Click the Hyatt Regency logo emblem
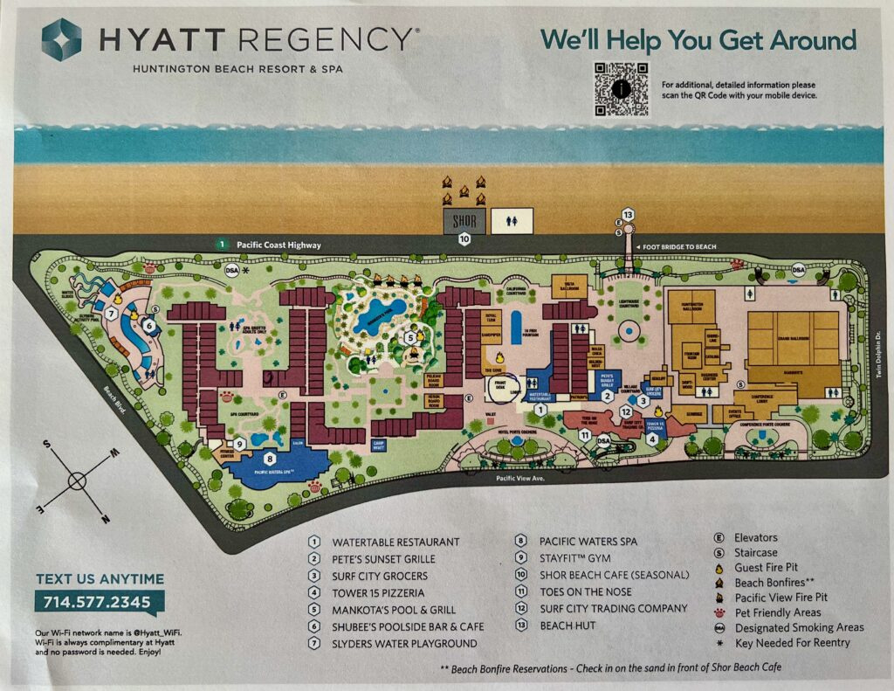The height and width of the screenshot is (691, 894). tap(61, 39)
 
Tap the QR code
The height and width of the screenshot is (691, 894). tap(622, 89)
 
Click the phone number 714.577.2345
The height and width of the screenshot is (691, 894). tap(99, 601)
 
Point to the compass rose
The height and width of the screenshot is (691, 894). tap(76, 480)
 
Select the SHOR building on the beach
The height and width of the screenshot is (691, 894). tap(464, 221)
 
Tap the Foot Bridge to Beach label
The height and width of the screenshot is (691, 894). tap(680, 247)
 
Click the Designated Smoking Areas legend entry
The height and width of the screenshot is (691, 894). tap(799, 627)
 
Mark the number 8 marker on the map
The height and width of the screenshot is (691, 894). tap(270, 458)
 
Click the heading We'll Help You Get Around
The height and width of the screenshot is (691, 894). tap(698, 40)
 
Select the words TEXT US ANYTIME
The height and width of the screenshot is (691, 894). tap(100, 578)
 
